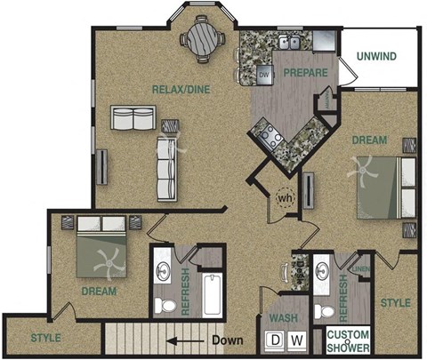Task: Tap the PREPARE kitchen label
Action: [x=306, y=73]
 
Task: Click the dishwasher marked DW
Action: [x=263, y=74]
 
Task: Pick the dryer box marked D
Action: [x=276, y=340]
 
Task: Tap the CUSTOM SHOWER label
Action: [x=348, y=340]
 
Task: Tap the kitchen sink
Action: [x=288, y=42]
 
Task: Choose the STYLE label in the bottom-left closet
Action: [x=45, y=337]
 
